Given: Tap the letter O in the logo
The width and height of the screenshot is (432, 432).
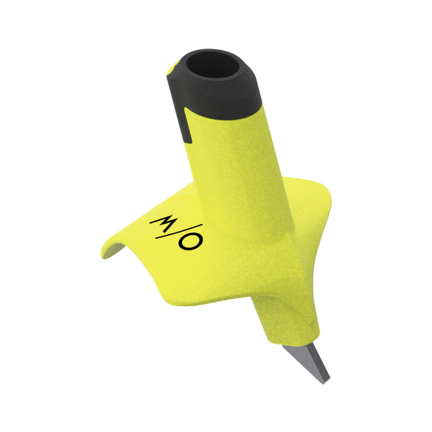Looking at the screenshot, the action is click(x=191, y=240).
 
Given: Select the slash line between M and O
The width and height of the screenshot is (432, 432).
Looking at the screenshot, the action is click(x=179, y=231).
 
